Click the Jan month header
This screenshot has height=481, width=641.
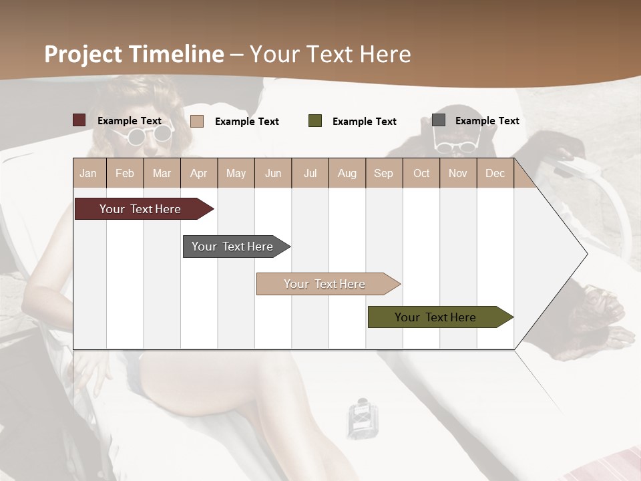pyautogui.click(x=88, y=173)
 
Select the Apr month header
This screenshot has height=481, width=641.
pyautogui.click(x=198, y=173)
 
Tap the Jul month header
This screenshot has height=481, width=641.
pyautogui.click(x=310, y=173)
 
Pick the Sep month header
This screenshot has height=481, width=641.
pyautogui.click(x=383, y=173)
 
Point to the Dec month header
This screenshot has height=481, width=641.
pyautogui.click(x=495, y=173)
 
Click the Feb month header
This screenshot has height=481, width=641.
pyautogui.click(x=125, y=173)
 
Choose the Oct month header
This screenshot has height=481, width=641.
pyautogui.click(x=421, y=173)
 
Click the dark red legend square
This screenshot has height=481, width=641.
pyautogui.click(x=79, y=120)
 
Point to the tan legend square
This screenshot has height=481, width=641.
pyautogui.click(x=197, y=121)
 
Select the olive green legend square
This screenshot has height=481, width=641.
pyautogui.click(x=315, y=121)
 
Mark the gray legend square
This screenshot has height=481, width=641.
pyautogui.click(x=439, y=120)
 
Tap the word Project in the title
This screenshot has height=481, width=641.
pyautogui.click(x=83, y=54)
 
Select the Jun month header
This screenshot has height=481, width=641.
pyautogui.click(x=273, y=173)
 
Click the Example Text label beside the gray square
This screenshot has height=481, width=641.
pyautogui.click(x=487, y=121)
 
